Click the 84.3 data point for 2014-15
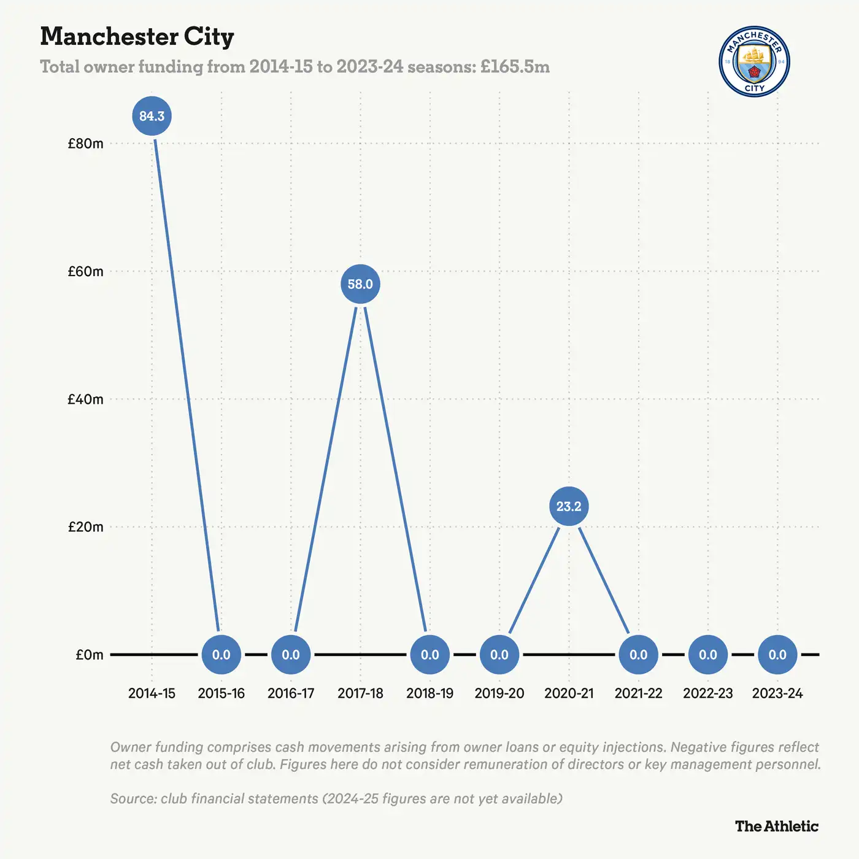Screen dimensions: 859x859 (x=152, y=116)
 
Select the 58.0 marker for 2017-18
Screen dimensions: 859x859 (x=360, y=284)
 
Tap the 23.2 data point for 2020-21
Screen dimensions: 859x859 (x=569, y=506)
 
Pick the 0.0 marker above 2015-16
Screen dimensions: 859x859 (x=221, y=655)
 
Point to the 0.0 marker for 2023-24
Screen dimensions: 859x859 (x=777, y=655)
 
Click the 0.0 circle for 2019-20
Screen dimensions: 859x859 (x=499, y=655)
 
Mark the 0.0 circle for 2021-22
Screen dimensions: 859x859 (x=638, y=655)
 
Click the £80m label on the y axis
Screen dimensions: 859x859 (x=85, y=144)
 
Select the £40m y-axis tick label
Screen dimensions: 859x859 (x=85, y=399)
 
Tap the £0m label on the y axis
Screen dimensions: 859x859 (x=90, y=655)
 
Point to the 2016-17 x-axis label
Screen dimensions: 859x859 (x=291, y=693)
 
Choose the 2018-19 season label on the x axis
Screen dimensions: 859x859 (x=429, y=693)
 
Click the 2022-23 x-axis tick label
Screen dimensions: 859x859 (x=708, y=693)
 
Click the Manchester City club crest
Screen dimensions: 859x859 (x=754, y=61)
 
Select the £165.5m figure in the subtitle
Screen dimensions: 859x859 (x=515, y=66)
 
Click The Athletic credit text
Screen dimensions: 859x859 (x=777, y=826)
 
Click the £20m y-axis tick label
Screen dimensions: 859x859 (x=85, y=527)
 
